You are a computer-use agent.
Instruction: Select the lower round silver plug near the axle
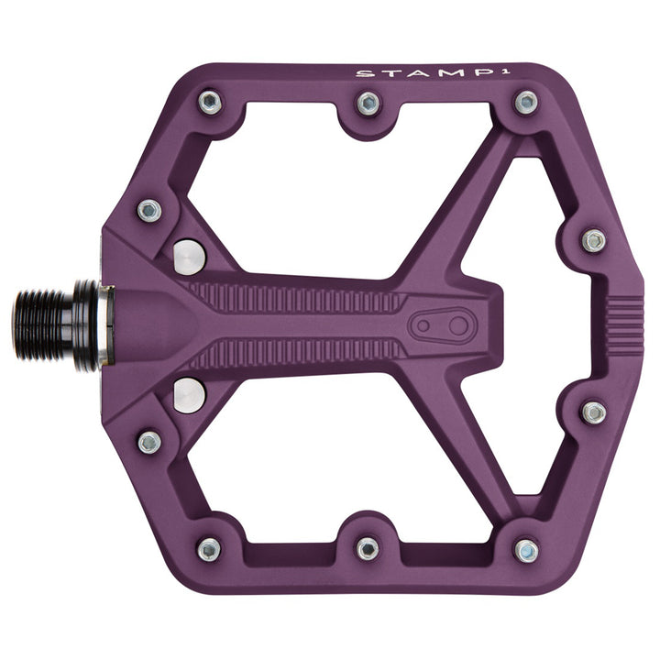190,395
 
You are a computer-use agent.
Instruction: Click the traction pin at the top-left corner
210,102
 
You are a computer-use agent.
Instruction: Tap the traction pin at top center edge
368,103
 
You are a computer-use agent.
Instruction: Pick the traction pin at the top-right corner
525,102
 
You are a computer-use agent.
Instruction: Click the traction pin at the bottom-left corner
209,549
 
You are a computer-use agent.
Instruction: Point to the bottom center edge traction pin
368,548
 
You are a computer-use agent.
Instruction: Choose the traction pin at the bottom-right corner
525,550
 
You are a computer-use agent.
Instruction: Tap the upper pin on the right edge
594,240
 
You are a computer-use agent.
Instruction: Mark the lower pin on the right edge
594,412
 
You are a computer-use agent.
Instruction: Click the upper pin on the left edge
149,210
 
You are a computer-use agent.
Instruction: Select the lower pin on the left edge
149,442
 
